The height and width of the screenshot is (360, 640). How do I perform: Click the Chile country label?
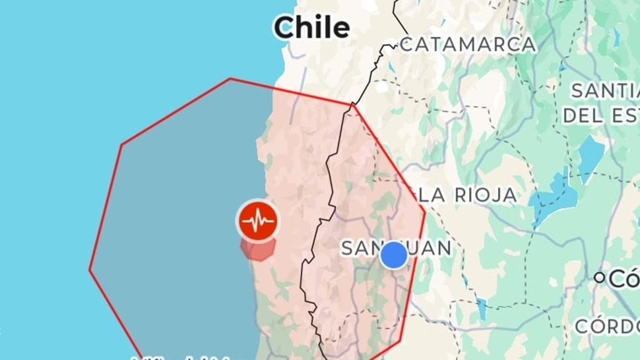point(311,28)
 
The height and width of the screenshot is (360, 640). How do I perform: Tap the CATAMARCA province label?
point(468,44)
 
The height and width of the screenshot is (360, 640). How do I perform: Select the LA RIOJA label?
point(468,195)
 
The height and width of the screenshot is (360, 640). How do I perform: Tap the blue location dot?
point(394,255)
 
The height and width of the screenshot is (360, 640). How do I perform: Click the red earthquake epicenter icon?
point(257,221)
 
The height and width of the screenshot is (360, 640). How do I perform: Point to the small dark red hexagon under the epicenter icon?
point(257,249)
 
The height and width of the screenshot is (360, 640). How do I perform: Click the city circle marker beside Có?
point(599,278)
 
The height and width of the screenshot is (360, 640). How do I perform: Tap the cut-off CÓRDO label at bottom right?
point(606,326)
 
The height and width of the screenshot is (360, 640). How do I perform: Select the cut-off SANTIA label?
point(604,90)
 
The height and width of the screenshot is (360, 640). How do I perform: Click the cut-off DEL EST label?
point(600,116)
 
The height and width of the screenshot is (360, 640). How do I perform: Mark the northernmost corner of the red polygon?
point(230,78)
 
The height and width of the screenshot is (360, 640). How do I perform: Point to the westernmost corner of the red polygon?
point(90,269)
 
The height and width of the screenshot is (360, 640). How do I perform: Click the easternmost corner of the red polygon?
point(425,212)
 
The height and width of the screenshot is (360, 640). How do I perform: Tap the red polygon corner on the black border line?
point(352,104)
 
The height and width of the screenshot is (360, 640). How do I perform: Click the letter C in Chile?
point(284,28)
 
